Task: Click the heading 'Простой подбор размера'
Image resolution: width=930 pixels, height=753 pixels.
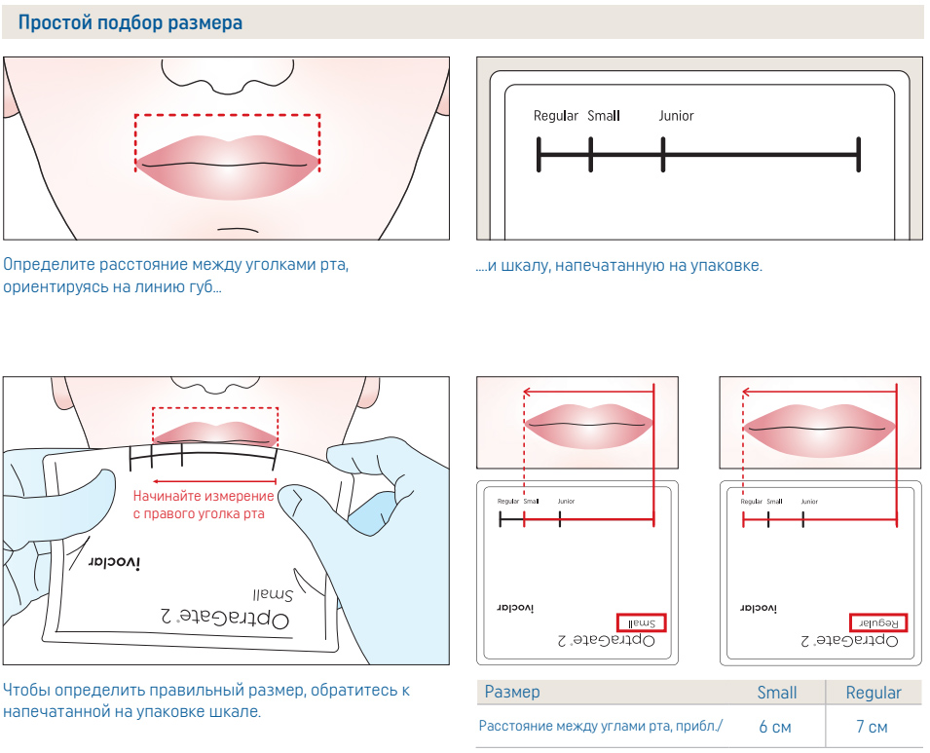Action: (x=130, y=21)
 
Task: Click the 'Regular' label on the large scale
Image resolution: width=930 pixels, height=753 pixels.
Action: (x=555, y=116)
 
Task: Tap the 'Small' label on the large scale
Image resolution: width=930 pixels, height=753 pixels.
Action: (x=604, y=116)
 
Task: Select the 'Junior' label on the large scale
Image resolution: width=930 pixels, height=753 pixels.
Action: (x=676, y=116)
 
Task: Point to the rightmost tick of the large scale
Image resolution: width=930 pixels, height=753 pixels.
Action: (x=858, y=154)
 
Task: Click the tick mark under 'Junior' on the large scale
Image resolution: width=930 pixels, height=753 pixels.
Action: (x=662, y=154)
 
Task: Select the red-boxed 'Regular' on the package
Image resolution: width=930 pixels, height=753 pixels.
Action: (x=878, y=622)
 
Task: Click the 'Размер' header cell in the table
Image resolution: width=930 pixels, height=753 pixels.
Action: (x=512, y=693)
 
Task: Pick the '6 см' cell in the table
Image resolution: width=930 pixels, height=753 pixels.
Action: (x=775, y=727)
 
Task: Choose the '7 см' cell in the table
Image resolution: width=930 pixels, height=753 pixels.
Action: (x=873, y=727)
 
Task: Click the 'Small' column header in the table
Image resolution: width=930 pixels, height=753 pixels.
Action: (x=777, y=693)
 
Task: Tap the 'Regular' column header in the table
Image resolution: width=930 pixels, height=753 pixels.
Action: (x=874, y=693)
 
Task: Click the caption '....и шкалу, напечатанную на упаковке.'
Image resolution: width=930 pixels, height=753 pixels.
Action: (x=619, y=265)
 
